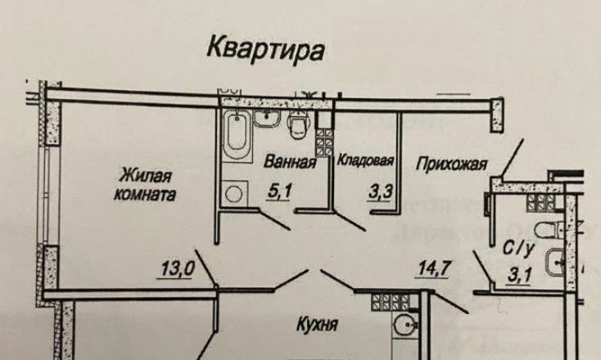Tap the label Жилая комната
147,185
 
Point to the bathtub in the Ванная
237,137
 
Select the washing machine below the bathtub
236,194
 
